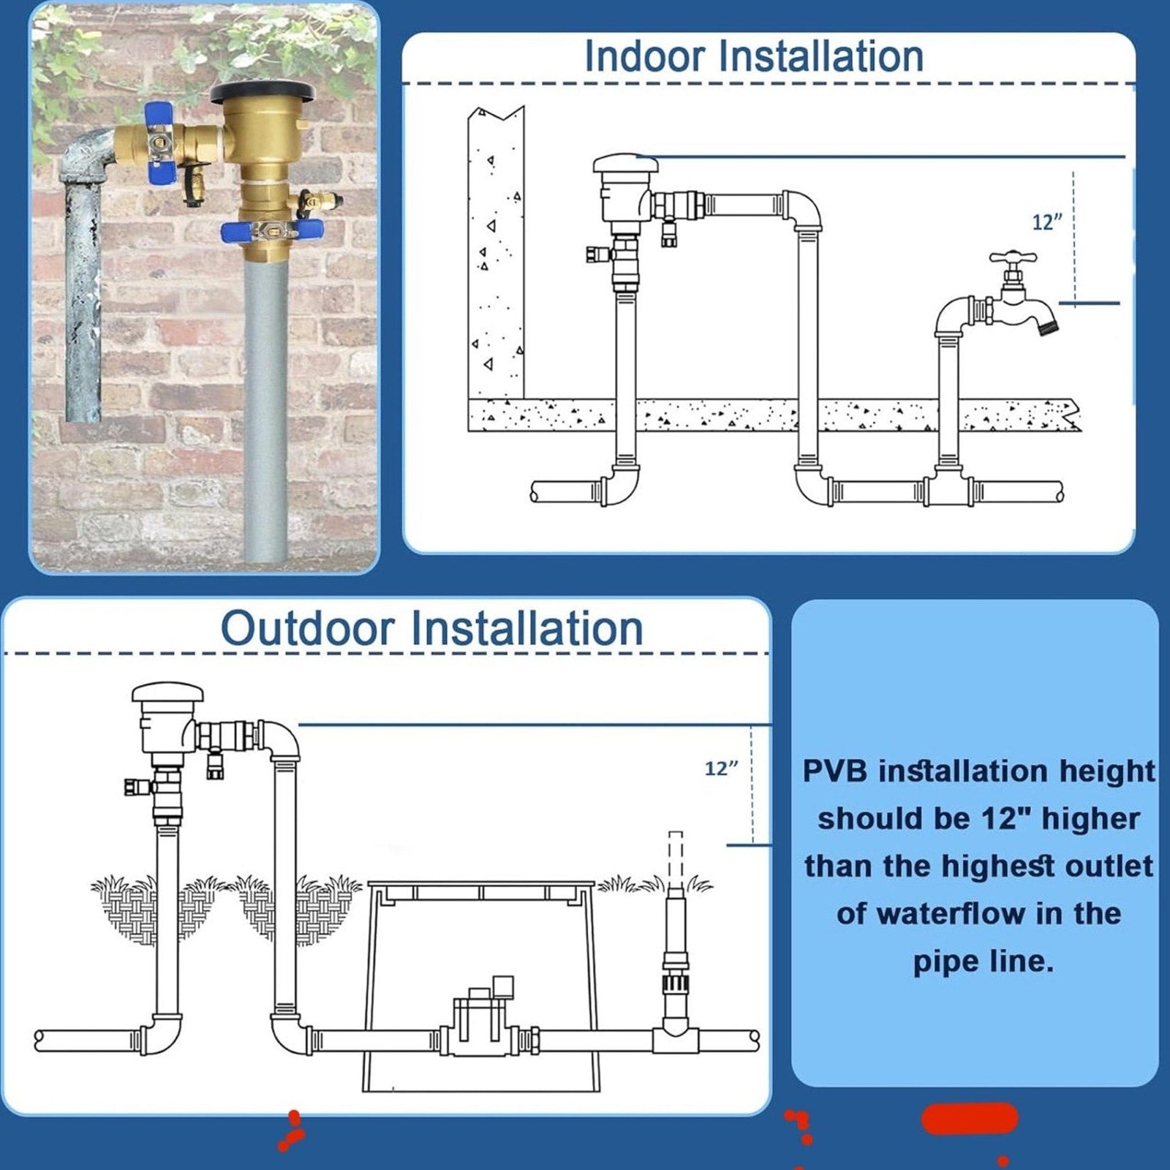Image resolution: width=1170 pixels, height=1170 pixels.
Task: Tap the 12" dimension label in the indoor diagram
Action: click(1046, 222)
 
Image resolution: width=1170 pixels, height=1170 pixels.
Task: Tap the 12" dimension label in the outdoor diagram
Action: click(721, 769)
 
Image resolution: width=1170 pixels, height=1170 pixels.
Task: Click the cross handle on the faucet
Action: click(1013, 257)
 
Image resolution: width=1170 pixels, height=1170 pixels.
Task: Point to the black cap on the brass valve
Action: click(263, 94)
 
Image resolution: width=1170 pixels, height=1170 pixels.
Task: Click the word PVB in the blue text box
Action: click(834, 771)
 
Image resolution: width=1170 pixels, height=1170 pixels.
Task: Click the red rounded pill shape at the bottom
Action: click(970, 1118)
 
